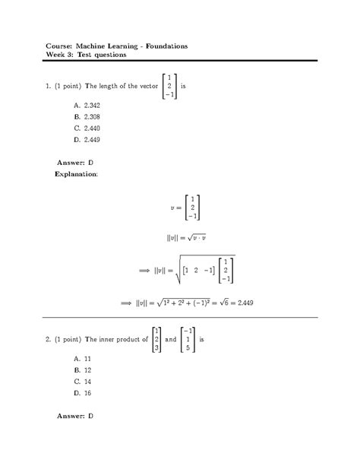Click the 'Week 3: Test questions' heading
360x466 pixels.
(x=86, y=55)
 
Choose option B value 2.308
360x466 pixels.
(x=90, y=117)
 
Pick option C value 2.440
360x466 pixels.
(x=90, y=128)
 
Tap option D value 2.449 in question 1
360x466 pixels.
(x=90, y=140)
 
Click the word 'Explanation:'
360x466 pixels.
(x=76, y=174)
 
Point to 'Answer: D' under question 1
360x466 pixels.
(x=75, y=163)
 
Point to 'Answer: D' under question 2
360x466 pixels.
(x=75, y=416)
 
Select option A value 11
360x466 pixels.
(x=85, y=358)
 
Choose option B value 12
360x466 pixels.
(x=85, y=369)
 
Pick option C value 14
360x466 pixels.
(x=85, y=382)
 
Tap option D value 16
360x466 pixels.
(x=85, y=393)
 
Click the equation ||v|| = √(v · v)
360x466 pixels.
(x=186, y=238)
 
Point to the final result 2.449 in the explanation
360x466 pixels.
(x=244, y=302)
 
